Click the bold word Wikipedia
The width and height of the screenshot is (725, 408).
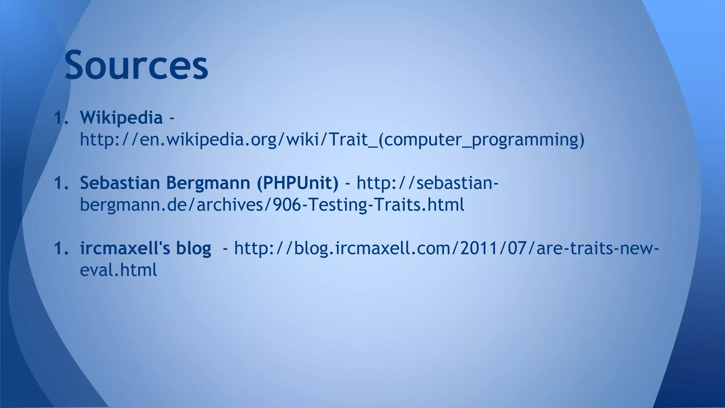[x=121, y=117]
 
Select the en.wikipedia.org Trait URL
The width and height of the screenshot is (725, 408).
[x=332, y=139]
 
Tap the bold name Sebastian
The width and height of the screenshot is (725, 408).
[x=120, y=183]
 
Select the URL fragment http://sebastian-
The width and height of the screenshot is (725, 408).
[x=427, y=183]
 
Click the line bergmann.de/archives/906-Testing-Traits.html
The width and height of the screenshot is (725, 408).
[x=272, y=205]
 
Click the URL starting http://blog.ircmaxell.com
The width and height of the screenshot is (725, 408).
[x=446, y=248]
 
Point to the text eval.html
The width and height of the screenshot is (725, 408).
[x=118, y=270]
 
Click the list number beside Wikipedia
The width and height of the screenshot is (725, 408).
[x=61, y=118]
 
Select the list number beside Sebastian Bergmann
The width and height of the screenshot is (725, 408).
[x=61, y=183]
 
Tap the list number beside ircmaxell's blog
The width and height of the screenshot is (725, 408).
[x=61, y=248]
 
